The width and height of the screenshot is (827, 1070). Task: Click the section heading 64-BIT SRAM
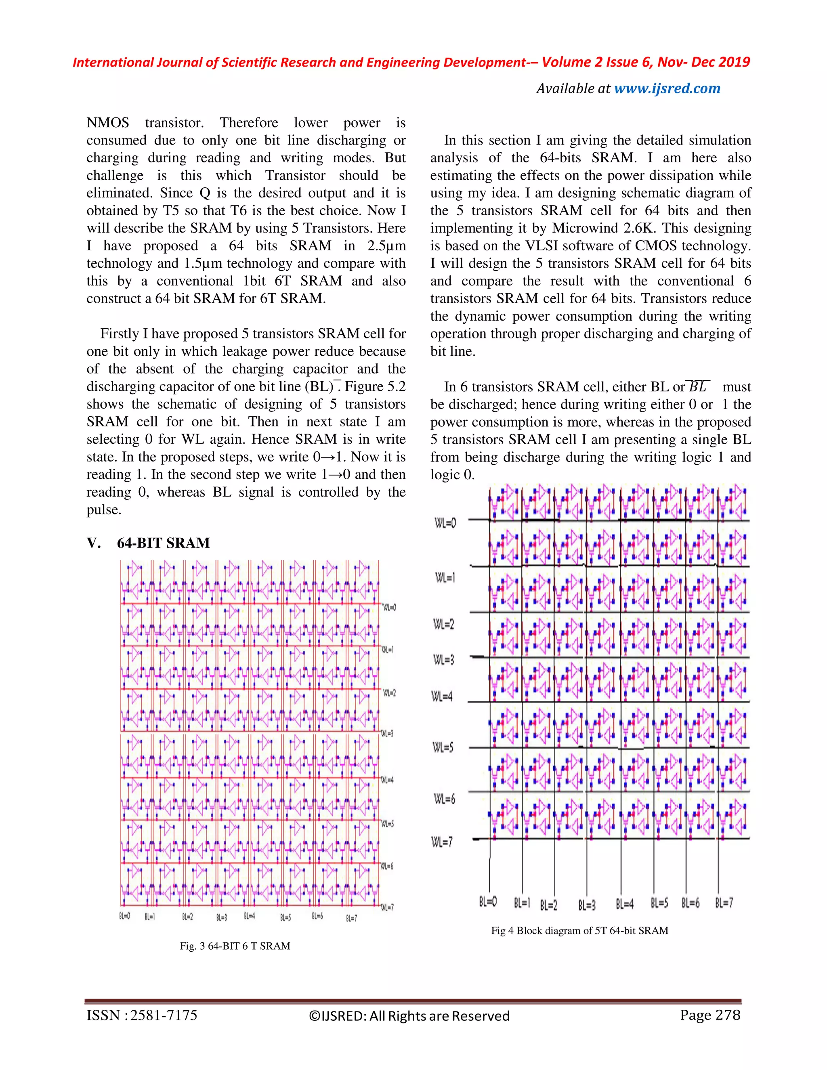click(163, 543)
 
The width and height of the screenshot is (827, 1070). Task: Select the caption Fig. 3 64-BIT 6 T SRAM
click(235, 946)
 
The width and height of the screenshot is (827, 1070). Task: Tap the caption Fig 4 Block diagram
click(579, 930)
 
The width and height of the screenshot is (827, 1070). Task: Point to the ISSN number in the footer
click(142, 1015)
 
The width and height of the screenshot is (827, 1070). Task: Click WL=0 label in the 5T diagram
click(445, 523)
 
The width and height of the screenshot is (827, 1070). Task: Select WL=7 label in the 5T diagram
click(442, 842)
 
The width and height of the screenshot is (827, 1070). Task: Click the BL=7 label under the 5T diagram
click(724, 902)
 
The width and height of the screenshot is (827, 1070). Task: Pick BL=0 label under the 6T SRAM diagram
click(124, 916)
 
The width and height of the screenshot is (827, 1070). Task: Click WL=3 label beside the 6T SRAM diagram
click(387, 733)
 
